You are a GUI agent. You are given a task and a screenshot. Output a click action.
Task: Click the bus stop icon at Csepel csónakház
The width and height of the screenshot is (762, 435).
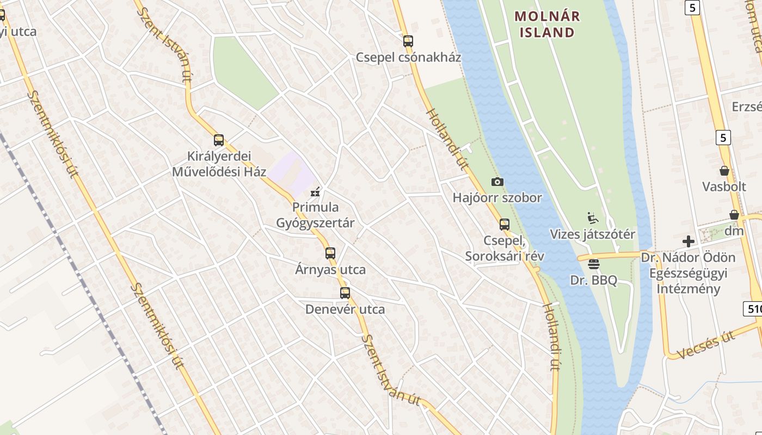pos(408,41)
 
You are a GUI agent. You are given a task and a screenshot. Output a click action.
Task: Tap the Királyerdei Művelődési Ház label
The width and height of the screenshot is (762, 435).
pos(219,164)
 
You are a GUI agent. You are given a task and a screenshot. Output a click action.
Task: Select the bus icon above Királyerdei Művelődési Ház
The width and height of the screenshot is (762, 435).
pos(219,140)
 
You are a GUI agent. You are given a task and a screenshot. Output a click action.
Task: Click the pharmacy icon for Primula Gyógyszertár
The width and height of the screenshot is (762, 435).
pos(315,191)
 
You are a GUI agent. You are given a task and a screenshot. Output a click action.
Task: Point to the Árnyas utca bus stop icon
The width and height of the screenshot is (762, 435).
pos(330,253)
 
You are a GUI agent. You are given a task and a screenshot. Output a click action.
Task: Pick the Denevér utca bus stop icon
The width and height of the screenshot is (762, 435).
pos(345,293)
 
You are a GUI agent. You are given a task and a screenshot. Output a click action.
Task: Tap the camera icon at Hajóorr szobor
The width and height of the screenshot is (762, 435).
pos(497,182)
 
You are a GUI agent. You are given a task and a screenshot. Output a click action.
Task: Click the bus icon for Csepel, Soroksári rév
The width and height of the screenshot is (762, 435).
pos(505,224)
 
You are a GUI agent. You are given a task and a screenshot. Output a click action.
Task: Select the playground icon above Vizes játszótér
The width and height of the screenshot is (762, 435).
pos(593,218)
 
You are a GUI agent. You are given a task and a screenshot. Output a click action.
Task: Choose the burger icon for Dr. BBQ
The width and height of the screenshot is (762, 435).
pos(594,264)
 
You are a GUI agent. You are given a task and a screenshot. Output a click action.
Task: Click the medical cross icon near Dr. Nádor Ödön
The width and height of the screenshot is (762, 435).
pos(689,241)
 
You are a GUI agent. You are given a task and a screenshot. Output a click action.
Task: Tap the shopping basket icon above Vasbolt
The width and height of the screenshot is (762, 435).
pos(724,171)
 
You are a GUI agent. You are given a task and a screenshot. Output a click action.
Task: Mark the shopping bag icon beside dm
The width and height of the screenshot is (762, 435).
pos(734,215)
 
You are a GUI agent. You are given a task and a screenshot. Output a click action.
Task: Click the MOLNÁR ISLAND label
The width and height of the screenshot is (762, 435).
pos(547,24)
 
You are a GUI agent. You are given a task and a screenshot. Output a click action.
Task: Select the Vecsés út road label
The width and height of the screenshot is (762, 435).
pos(706,346)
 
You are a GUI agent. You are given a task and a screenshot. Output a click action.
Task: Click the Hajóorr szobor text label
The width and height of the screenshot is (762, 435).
pos(497,198)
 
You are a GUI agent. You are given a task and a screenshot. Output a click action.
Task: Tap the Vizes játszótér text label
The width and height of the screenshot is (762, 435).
pos(593,234)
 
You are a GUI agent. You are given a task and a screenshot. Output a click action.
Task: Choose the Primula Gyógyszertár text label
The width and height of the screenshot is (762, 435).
pos(315,215)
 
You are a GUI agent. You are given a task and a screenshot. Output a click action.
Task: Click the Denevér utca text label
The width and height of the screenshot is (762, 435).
pos(345,309)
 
